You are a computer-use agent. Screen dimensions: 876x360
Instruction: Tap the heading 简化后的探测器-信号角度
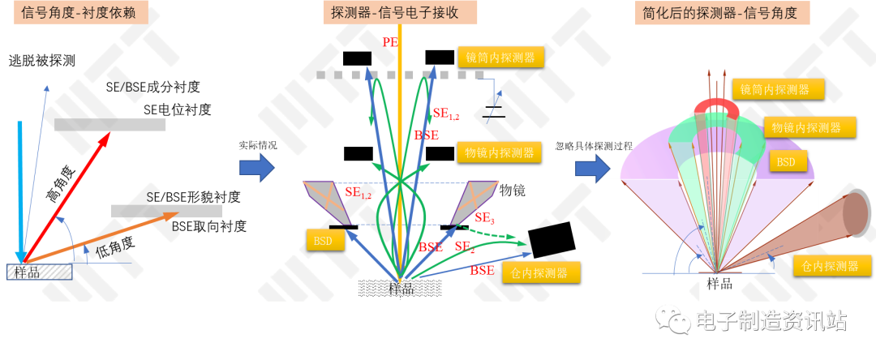click(x=722, y=13)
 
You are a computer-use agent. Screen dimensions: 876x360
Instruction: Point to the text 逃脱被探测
click(x=42, y=61)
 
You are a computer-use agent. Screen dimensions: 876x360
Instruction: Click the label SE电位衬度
click(x=177, y=110)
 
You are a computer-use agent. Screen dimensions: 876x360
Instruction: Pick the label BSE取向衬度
click(x=209, y=226)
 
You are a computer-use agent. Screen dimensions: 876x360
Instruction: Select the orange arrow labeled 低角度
click(x=100, y=238)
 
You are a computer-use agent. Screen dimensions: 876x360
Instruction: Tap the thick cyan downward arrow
click(x=20, y=191)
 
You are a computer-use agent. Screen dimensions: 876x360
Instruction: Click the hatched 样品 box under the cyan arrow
click(x=39, y=272)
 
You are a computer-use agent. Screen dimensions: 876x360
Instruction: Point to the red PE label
click(x=390, y=41)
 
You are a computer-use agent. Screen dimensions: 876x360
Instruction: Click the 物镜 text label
click(x=513, y=190)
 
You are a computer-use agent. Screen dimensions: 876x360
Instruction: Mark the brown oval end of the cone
click(x=856, y=214)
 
